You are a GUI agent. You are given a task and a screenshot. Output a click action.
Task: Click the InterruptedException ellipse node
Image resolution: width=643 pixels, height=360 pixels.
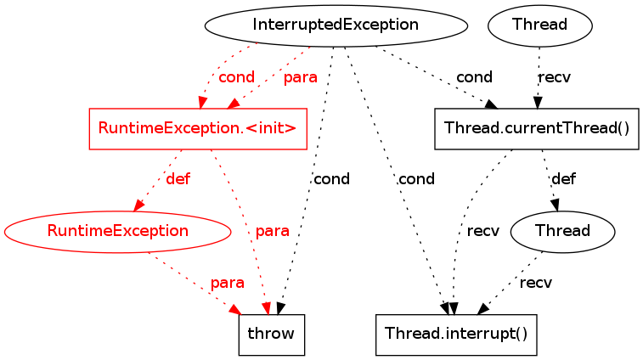coord(336,25)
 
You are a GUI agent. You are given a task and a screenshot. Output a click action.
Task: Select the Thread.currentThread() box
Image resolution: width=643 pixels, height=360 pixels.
coord(536,129)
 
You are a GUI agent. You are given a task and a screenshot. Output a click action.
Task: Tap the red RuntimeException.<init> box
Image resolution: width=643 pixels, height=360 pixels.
coord(197,129)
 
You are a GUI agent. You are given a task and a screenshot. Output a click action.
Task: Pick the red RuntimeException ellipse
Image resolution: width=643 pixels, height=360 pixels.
coord(117,230)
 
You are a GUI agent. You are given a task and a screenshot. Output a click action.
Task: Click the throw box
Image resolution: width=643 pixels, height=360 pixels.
coord(271,334)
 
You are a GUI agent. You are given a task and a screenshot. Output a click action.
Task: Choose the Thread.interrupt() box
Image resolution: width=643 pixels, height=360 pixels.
coord(457,334)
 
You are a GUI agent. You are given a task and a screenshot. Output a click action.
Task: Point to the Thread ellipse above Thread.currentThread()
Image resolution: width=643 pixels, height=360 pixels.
coord(539,25)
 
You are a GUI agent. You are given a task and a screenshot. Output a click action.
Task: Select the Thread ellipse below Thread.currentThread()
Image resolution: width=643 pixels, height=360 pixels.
coord(561,230)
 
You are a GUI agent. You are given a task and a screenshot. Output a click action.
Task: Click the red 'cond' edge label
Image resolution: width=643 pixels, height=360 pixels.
coord(236,77)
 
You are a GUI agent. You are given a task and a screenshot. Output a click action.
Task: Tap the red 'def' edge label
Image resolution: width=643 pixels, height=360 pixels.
coord(178,180)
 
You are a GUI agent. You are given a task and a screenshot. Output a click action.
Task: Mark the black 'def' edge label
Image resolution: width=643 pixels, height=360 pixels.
coord(563,180)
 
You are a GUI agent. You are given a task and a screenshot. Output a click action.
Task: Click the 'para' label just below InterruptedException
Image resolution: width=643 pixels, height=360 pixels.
coord(300,77)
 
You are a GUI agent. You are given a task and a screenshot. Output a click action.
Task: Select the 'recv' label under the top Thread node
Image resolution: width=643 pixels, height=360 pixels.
coord(554,77)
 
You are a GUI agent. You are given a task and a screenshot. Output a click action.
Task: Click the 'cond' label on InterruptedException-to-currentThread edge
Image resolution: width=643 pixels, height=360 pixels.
coord(474,77)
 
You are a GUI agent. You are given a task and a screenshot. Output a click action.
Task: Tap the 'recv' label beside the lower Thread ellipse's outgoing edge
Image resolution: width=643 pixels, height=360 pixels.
coord(535,283)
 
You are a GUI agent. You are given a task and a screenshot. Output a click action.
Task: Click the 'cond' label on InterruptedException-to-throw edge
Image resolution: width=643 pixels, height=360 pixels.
coord(331,180)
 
